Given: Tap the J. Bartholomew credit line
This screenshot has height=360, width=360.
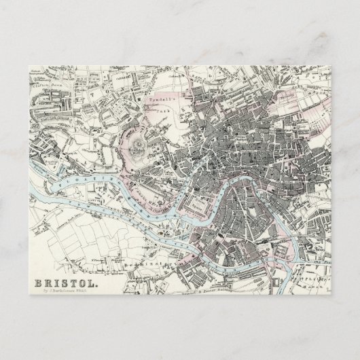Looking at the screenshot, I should point(64,289).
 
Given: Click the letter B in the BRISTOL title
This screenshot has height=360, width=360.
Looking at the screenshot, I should point(38,278).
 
